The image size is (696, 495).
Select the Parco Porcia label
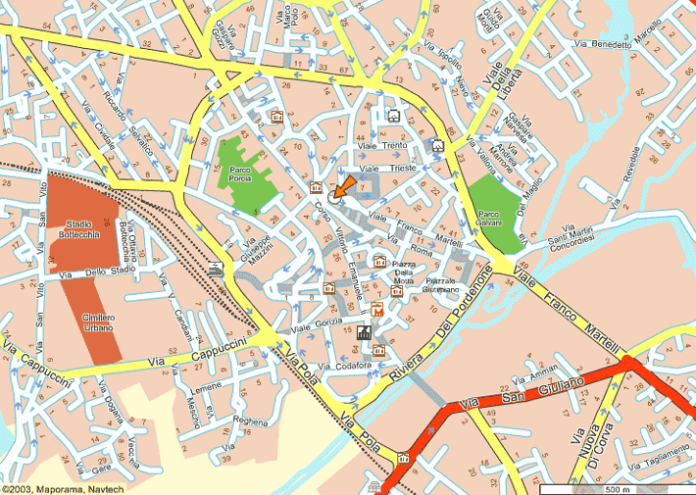click(x=241, y=174)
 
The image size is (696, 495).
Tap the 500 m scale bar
click(x=617, y=487)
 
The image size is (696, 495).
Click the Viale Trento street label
click(x=382, y=146)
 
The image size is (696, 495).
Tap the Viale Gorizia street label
click(x=315, y=325)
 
